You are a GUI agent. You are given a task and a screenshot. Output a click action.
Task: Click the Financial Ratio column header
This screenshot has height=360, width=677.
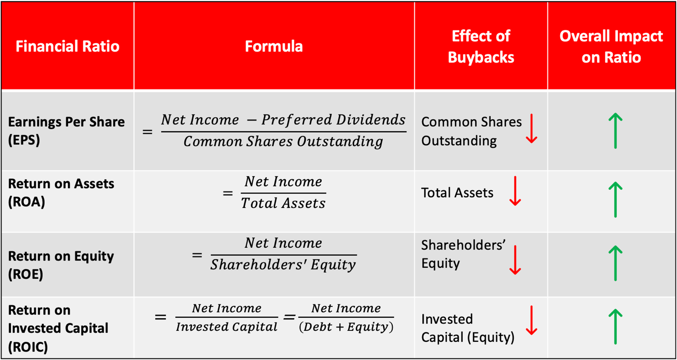tap(68, 46)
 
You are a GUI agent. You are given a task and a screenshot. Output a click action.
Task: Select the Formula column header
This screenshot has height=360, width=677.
tap(274, 46)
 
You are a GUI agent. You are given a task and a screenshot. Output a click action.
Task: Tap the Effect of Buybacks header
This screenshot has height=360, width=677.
tap(481, 46)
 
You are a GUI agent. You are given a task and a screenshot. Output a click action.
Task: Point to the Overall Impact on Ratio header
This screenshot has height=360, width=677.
tap(611, 46)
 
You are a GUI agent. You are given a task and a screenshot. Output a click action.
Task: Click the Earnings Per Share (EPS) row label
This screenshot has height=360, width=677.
tap(66, 131)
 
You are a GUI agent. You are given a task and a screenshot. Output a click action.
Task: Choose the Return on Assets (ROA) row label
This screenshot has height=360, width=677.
tap(61, 193)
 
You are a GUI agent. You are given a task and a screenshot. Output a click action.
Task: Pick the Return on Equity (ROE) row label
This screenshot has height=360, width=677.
tap(61, 265)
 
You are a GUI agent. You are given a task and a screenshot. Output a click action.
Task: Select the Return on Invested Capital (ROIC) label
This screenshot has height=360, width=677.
tap(58, 328)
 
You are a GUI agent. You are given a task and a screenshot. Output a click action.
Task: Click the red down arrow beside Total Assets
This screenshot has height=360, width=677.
tap(515, 191)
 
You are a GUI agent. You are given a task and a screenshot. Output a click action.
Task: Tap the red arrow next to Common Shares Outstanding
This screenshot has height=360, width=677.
tap(531, 129)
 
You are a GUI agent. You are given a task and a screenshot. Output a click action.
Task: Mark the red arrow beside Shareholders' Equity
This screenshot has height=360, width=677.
tap(515, 260)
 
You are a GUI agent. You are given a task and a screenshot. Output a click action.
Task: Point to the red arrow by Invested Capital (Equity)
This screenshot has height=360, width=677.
tap(531, 321)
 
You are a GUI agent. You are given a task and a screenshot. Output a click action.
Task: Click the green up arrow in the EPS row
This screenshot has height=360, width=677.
tap(615, 131)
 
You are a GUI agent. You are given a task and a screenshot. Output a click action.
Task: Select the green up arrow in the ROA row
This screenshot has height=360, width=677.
tap(615, 199)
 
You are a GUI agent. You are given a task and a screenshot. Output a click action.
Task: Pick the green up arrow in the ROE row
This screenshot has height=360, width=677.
tap(615, 263)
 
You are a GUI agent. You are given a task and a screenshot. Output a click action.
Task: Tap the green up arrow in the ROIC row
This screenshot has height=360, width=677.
tap(615, 326)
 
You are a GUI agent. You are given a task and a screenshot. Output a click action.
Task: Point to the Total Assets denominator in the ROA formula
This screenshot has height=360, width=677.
tap(283, 203)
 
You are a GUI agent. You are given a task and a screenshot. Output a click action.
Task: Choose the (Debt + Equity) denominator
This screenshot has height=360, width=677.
tap(346, 327)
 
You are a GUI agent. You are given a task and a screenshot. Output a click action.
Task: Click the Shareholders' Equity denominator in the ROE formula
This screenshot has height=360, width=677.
tap(283, 265)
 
